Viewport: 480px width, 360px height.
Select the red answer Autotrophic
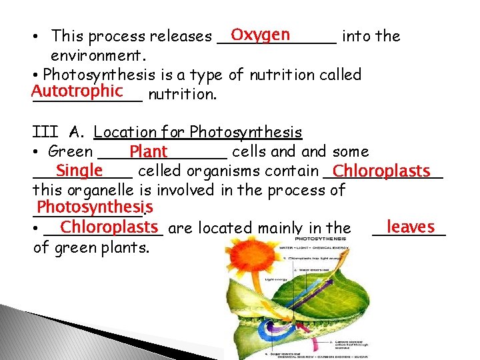77,91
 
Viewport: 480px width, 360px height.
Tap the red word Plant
149,152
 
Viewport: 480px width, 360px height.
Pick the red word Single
79,171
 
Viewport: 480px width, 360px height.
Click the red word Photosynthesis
95,207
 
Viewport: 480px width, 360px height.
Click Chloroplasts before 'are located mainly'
108,227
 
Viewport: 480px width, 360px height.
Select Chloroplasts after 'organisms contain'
381,172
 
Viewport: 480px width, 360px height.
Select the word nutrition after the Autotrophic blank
182,95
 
